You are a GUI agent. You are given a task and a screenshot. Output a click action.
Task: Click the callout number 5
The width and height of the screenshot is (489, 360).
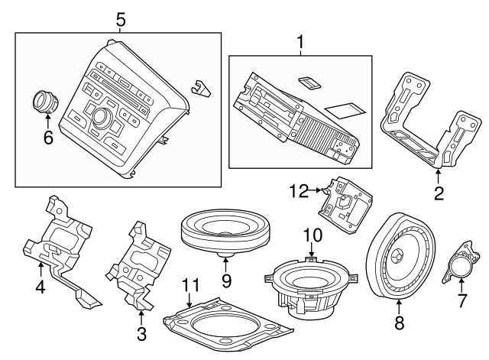pos(118,18)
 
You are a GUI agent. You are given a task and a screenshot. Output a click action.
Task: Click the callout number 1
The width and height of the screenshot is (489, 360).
pos(300,41)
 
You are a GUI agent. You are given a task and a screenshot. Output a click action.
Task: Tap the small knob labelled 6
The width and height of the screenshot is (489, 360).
pos(46,101)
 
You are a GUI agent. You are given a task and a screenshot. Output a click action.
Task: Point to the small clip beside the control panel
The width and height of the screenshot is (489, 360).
pos(200,88)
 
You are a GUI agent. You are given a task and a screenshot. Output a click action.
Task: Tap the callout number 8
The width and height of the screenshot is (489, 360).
pos(398,323)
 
